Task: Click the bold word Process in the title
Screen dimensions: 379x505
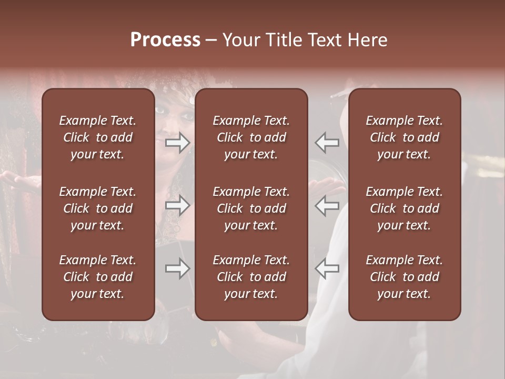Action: click(165, 40)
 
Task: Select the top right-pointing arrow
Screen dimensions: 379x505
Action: click(178, 142)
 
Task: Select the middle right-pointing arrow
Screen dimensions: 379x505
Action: click(178, 205)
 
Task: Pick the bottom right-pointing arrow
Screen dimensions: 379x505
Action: click(178, 268)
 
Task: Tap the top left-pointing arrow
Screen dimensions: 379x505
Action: click(327, 142)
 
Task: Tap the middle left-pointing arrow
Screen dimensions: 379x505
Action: click(327, 205)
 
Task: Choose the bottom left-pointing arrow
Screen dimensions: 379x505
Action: click(327, 268)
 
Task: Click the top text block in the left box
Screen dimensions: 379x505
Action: click(98, 137)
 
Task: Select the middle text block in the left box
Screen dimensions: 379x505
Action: click(98, 208)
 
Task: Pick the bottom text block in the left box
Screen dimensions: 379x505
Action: click(98, 277)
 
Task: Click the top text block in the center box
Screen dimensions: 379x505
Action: click(251, 137)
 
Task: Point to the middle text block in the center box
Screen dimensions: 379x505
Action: click(251, 208)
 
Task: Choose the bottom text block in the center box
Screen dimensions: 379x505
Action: click(251, 277)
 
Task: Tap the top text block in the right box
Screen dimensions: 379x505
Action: click(405, 137)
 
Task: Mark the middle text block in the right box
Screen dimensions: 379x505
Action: click(405, 208)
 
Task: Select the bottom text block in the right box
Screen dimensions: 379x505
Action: click(405, 277)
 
